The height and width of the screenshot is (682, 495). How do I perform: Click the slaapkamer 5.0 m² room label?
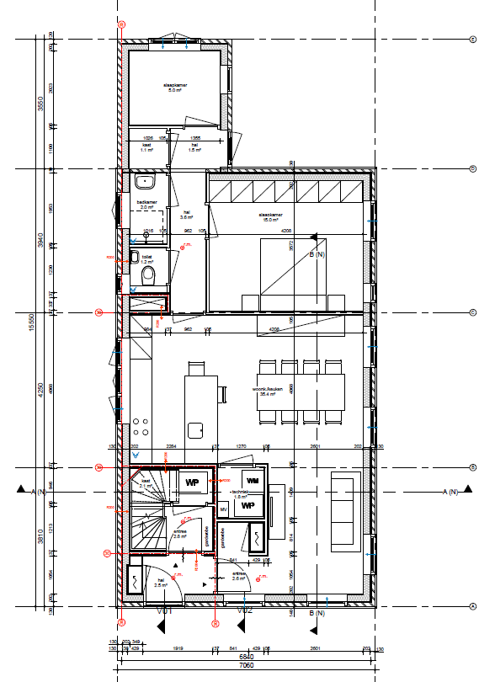tap(175, 87)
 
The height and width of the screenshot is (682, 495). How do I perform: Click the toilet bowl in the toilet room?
tap(148, 276)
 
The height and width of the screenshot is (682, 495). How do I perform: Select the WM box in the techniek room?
tap(252, 480)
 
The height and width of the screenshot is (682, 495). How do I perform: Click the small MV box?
tap(224, 509)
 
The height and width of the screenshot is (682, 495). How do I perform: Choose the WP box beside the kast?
tap(191, 482)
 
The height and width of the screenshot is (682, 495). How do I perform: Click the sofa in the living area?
tap(344, 510)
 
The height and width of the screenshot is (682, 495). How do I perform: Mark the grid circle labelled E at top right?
tap(473, 39)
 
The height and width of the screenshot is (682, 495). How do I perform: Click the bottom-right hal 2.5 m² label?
tap(160, 582)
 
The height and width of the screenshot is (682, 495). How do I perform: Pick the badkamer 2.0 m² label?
tap(147, 205)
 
